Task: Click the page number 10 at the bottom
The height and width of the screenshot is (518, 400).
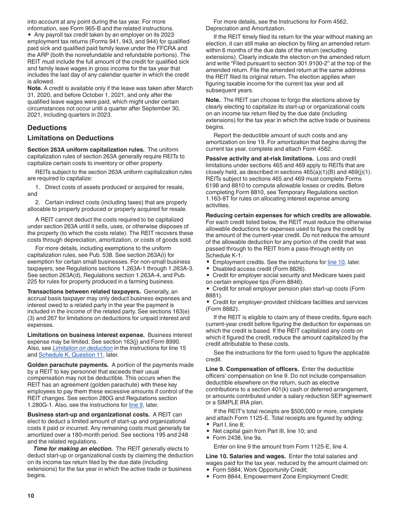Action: click(x=30, y=496)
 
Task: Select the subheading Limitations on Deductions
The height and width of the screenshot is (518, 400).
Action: click(x=70, y=138)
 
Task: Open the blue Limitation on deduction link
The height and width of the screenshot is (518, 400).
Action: click(x=83, y=348)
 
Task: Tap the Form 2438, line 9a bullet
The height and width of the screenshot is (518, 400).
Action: click(x=240, y=438)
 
